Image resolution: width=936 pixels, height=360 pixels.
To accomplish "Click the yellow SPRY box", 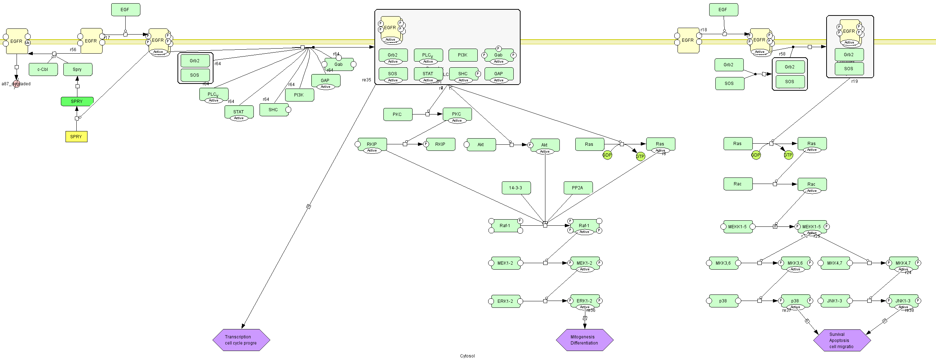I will [76, 136].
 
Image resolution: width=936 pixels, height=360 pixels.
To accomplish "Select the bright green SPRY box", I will [77, 102].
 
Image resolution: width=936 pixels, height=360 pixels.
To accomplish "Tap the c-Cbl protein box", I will [43, 69].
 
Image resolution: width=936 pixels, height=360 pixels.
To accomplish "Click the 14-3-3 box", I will [516, 188].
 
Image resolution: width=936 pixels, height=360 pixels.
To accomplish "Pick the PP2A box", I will [578, 188].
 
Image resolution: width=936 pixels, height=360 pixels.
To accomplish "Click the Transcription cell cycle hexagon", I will [241, 340].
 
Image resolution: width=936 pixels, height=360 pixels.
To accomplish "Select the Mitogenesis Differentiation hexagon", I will [584, 340].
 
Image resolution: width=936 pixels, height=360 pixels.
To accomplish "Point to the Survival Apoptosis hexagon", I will [842, 341].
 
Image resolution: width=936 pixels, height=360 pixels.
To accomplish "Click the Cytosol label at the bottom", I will [467, 356].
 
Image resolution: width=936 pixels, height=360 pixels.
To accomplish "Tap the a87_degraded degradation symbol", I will [16, 84].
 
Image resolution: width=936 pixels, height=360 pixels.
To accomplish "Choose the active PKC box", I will [457, 114].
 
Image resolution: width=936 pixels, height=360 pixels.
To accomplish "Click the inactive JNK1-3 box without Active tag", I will [834, 301].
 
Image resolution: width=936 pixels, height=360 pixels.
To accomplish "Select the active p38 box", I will [795, 301].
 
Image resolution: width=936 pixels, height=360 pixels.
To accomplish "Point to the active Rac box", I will [812, 185].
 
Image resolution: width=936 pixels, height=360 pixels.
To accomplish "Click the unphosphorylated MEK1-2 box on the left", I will [505, 263].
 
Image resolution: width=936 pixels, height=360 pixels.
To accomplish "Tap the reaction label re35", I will [366, 80].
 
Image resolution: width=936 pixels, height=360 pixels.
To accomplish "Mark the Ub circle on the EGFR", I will [28, 43].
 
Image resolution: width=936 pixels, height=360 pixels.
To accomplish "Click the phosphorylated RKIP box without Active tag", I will [440, 144].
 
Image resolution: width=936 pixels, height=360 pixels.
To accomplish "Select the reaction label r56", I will [73, 50].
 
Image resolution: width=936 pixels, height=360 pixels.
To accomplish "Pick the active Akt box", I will [544, 145].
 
